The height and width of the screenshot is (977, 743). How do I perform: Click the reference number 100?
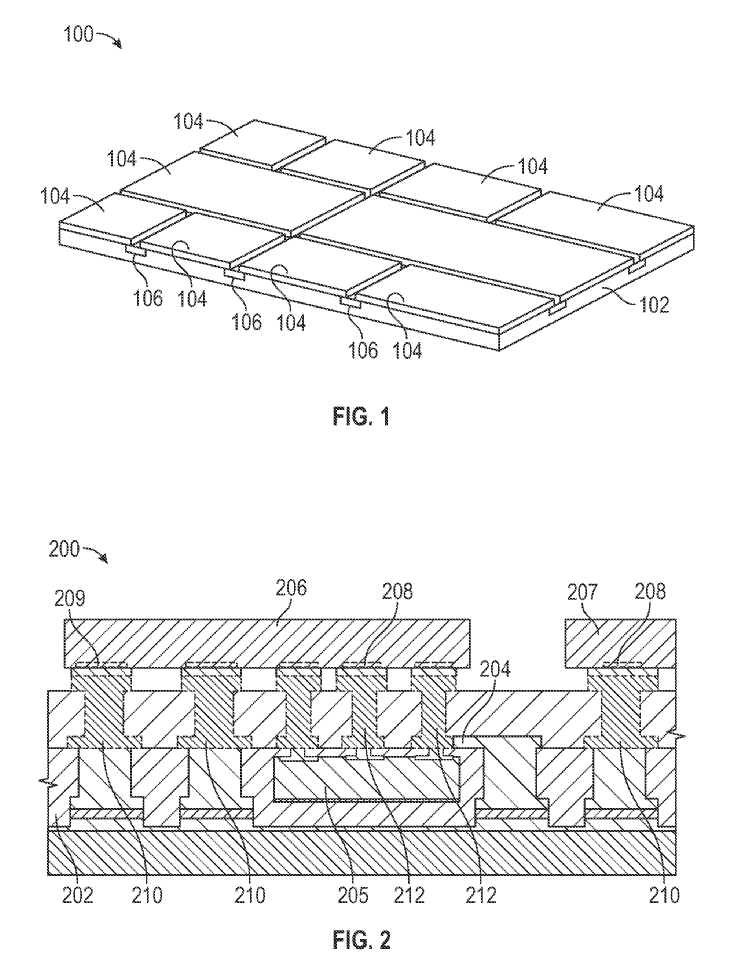pyautogui.click(x=78, y=34)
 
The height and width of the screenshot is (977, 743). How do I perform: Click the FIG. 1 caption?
pyautogui.click(x=361, y=416)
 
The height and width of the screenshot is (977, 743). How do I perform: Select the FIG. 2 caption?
pyautogui.click(x=361, y=940)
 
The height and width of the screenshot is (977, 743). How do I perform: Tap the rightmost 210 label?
pyautogui.click(x=662, y=895)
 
